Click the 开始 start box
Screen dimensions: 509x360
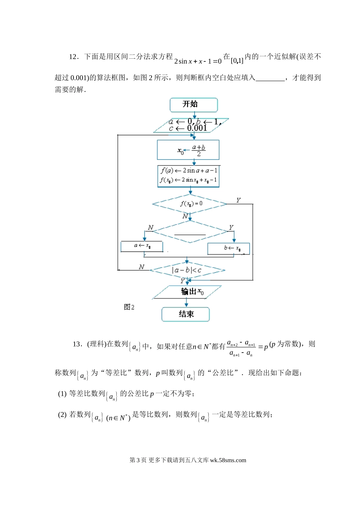click(194, 105)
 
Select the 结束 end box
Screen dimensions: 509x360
click(186, 314)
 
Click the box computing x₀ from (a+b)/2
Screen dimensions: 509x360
click(188, 150)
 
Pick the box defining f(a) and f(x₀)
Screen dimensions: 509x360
click(188, 176)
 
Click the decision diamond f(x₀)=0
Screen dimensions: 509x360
click(189, 204)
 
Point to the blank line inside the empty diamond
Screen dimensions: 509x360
click(190, 234)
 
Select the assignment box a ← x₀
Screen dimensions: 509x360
click(142, 246)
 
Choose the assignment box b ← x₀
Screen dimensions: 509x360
click(229, 248)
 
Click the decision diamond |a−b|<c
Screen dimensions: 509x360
click(187, 270)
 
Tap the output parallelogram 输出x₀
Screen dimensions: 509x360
click(188, 292)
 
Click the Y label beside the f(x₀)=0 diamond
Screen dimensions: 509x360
click(238, 200)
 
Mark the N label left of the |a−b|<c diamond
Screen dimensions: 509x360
click(141, 267)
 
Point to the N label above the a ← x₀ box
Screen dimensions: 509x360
click(150, 227)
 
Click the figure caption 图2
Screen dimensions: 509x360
click(129, 307)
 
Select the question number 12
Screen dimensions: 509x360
click(74, 57)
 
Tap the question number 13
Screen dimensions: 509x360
click(77, 344)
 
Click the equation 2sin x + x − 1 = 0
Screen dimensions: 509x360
click(197, 61)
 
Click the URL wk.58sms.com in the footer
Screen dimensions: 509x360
click(228, 461)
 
